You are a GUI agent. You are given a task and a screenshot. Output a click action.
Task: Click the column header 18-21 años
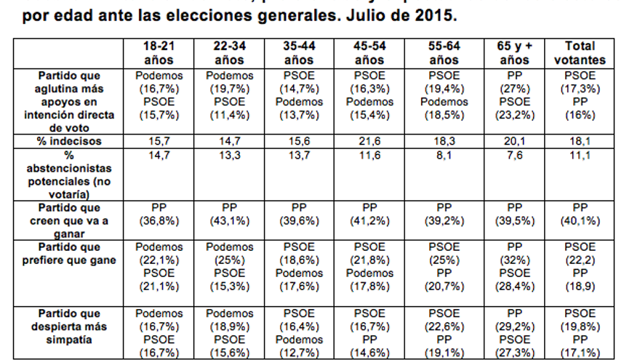(159, 52)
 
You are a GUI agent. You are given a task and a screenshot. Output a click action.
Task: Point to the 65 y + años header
(515, 52)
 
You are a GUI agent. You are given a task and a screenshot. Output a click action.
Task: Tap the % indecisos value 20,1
(515, 141)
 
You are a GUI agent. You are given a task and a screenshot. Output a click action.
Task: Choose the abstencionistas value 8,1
(444, 155)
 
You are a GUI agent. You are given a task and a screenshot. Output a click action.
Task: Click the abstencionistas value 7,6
(515, 155)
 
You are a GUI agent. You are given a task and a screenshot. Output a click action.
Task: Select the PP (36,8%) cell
(159, 215)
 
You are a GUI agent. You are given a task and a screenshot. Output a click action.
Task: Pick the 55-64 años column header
(444, 52)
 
